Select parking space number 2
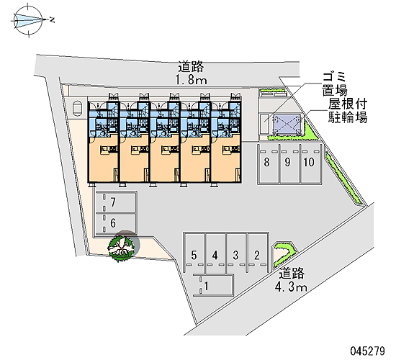coord(257,253)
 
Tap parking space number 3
coord(236,253)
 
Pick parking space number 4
coord(215,253)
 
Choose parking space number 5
coord(194,253)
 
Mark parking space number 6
coord(116,223)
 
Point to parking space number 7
coord(116,202)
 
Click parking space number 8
coord(269,163)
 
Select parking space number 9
coord(290,163)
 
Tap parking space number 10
coord(311,163)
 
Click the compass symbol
coord(29,20)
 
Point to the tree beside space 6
coord(121,248)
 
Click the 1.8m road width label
coord(192,81)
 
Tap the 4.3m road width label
coord(291,287)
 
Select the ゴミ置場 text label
coord(335,84)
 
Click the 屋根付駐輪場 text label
coord(348,111)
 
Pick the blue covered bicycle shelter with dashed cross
coord(287,125)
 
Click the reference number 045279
coord(368,351)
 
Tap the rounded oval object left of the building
coord(77,109)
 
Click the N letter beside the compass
coord(53,19)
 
